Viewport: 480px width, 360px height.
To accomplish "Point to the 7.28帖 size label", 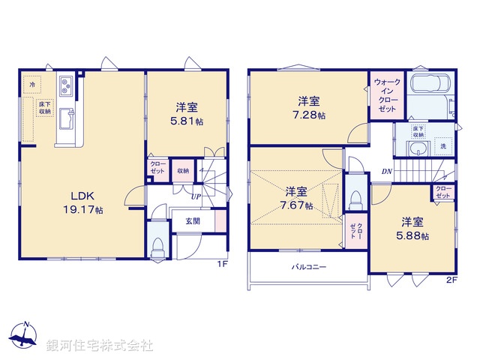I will point(309,115).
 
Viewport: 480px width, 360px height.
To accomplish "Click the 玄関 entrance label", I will point(193,222).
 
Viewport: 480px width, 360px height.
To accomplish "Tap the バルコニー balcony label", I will point(308,267).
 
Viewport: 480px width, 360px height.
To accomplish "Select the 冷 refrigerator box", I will point(32,85).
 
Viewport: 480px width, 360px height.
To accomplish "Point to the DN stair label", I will point(386,172).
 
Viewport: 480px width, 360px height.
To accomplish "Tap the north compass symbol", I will point(25,338).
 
